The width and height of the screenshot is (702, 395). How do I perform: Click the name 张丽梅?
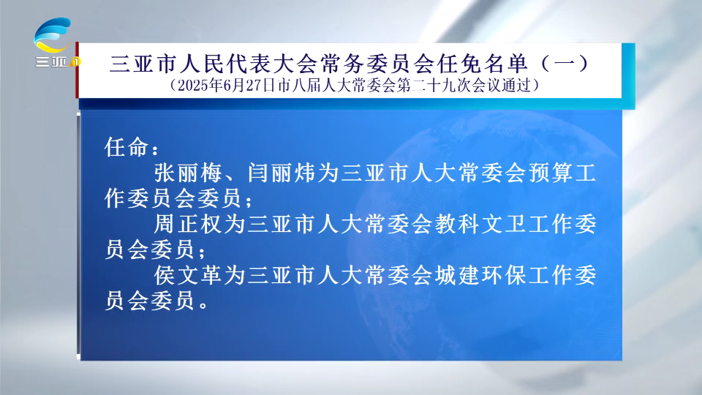(188, 173)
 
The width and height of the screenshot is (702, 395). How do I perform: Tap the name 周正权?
(188, 224)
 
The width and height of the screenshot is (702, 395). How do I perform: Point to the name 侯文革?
(188, 274)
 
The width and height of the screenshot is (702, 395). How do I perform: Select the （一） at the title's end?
(565, 64)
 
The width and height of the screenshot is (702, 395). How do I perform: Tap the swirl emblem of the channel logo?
(53, 35)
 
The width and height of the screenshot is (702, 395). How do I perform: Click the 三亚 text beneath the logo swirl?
(51, 61)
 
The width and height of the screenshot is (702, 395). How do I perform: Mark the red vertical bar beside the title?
(77, 70)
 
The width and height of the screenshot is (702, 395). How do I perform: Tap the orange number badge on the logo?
(75, 61)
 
